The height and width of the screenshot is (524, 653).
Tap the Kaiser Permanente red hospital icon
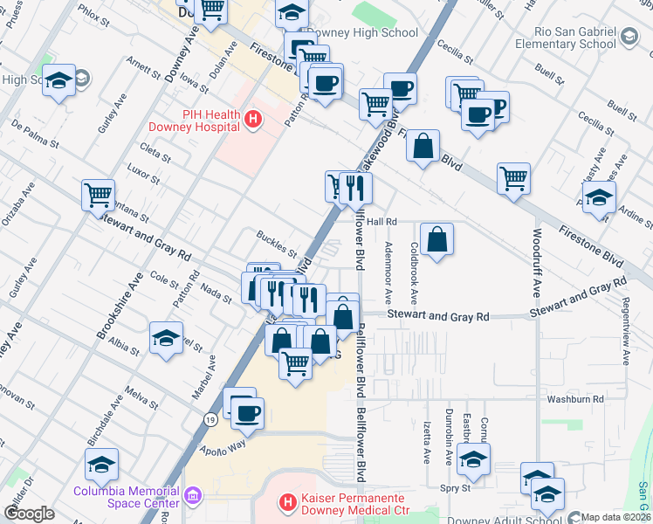pyautogui.click(x=285, y=502)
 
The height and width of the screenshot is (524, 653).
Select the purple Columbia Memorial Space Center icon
pyautogui.click(x=193, y=496)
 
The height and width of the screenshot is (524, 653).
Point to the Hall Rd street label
pyautogui.click(x=381, y=222)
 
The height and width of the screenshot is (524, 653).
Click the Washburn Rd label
pyautogui.click(x=575, y=399)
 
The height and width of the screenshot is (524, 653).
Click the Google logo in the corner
pyautogui.click(x=29, y=514)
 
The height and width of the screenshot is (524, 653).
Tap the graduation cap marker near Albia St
pyautogui.click(x=166, y=338)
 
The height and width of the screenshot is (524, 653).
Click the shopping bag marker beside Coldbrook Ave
pyautogui.click(x=436, y=238)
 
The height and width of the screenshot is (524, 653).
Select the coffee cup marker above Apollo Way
pyautogui.click(x=248, y=413)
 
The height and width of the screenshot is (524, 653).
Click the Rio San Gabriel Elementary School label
pyautogui.click(x=565, y=38)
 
